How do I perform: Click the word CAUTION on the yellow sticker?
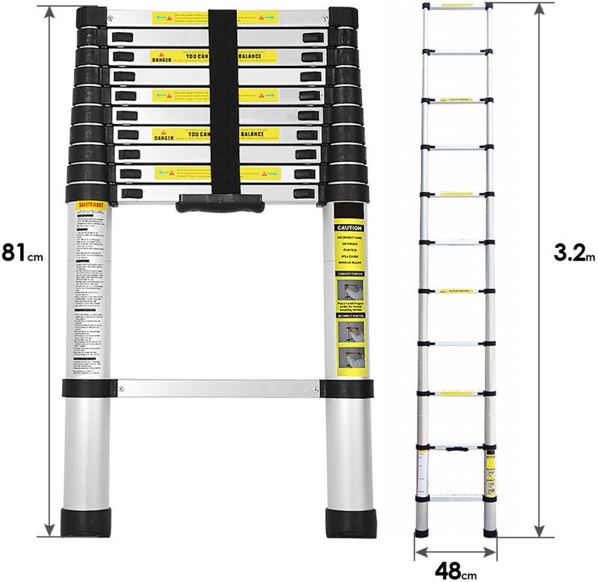[x=348, y=228]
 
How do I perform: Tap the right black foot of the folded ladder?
[x=348, y=521]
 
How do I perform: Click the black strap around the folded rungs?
[x=222, y=105]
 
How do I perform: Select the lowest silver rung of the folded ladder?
[x=218, y=388]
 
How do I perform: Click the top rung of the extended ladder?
[x=457, y=6]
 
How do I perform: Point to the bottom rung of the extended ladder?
[x=457, y=496]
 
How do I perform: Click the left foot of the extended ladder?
[x=424, y=532]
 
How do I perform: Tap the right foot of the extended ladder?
[x=490, y=532]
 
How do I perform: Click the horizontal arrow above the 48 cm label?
[x=456, y=551]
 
